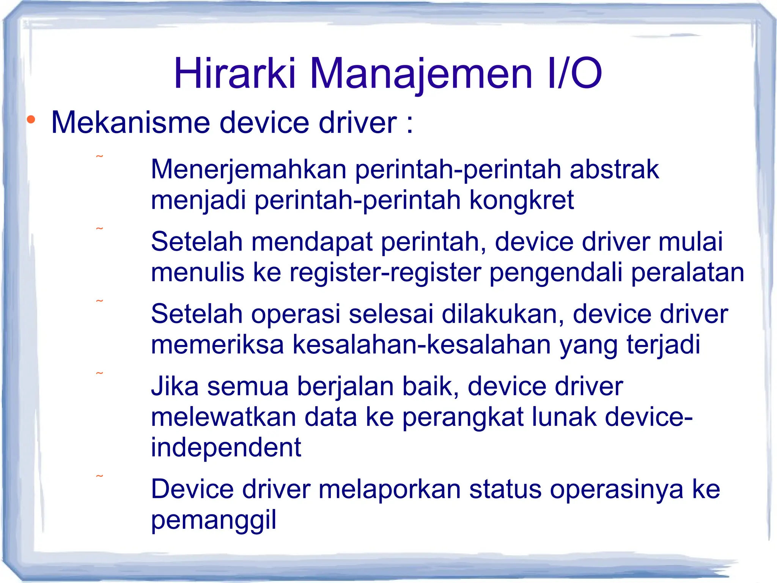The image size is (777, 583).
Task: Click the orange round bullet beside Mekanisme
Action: tap(31, 120)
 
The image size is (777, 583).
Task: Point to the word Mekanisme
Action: tap(131, 123)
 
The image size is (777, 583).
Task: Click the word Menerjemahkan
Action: tap(249, 170)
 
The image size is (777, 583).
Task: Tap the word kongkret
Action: tap(521, 200)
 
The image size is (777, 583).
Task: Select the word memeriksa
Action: tap(217, 345)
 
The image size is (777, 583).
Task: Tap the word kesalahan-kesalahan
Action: tap(422, 345)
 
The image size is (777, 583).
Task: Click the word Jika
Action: tap(175, 386)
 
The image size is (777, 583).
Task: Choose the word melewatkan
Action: tap(223, 417)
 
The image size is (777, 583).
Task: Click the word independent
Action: tap(226, 447)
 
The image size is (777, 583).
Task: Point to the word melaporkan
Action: tap(389, 489)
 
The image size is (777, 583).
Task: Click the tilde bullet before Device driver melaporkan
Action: tap(99, 476)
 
